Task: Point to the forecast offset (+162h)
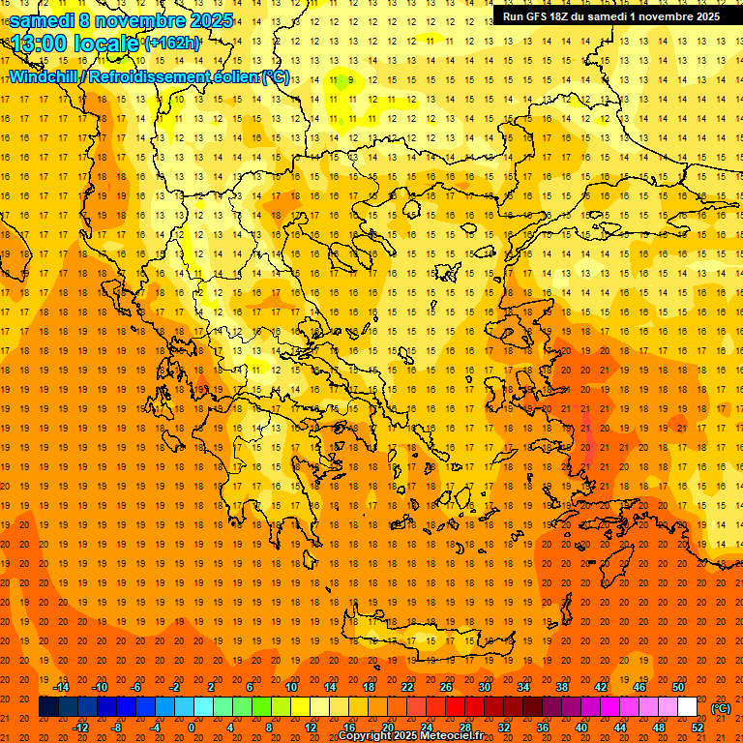(172, 43)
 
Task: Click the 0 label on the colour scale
(191, 728)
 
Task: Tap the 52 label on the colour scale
(698, 728)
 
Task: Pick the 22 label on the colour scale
(407, 686)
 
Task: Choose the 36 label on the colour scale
(543, 728)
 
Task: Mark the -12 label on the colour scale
(80, 728)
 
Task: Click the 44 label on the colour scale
(620, 728)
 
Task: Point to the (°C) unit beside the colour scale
(720, 707)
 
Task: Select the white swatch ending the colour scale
(687, 707)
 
